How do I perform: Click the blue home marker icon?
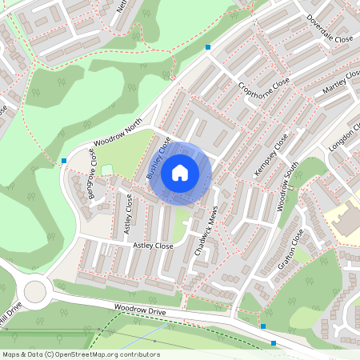(180, 172)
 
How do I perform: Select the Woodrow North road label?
(117, 133)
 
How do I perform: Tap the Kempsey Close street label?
(270, 156)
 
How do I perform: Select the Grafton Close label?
(293, 247)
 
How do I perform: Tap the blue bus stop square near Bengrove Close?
(64, 161)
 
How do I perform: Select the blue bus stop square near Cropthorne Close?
(208, 47)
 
